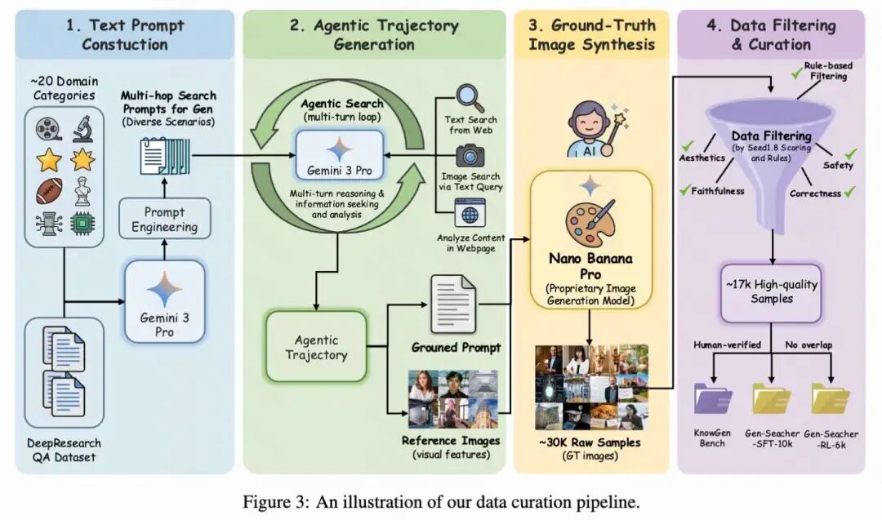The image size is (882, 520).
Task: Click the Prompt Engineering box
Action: (x=165, y=219)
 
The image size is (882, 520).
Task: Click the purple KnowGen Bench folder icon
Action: (x=712, y=399)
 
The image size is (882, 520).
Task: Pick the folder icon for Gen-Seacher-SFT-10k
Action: (x=772, y=399)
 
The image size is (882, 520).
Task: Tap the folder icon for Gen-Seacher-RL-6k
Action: (x=831, y=399)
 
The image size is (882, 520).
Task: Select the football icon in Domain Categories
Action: (x=49, y=193)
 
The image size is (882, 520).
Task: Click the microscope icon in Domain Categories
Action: (x=82, y=128)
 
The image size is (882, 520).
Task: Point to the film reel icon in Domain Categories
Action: (x=48, y=129)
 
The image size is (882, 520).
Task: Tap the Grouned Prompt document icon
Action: (x=454, y=304)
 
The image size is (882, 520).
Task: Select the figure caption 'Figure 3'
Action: (x=440, y=500)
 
